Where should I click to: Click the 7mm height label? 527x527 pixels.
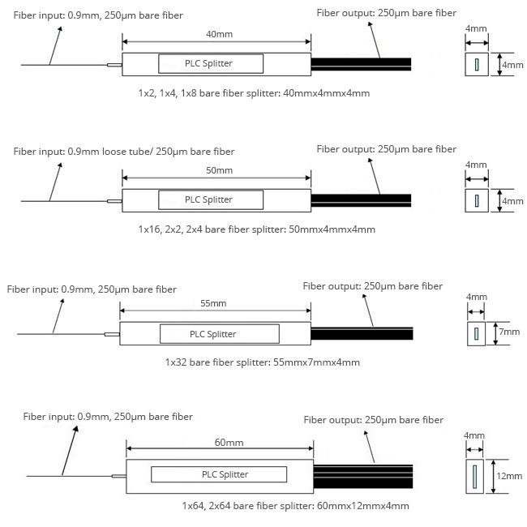[x=508, y=332]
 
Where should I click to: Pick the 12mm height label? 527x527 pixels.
[x=509, y=476]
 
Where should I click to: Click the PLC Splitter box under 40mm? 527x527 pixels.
[x=211, y=64]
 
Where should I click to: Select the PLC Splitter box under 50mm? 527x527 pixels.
[x=211, y=199]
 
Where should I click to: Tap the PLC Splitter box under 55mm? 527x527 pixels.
[x=219, y=333]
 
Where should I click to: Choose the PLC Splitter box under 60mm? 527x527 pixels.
[x=219, y=474]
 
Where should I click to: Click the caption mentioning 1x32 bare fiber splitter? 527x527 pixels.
[x=262, y=362]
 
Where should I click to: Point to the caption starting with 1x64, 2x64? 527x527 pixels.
[x=295, y=506]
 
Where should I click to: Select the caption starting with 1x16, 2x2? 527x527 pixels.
[x=256, y=229]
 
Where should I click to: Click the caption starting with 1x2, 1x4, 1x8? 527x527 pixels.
[x=254, y=93]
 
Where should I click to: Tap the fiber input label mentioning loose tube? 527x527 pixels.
[x=124, y=152]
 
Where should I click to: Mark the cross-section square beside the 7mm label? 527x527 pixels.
[x=476, y=333]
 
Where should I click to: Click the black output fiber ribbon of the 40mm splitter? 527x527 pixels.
[x=361, y=64]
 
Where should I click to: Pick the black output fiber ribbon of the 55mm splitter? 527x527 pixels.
[x=362, y=333]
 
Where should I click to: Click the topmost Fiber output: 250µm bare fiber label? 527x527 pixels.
[x=386, y=13]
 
